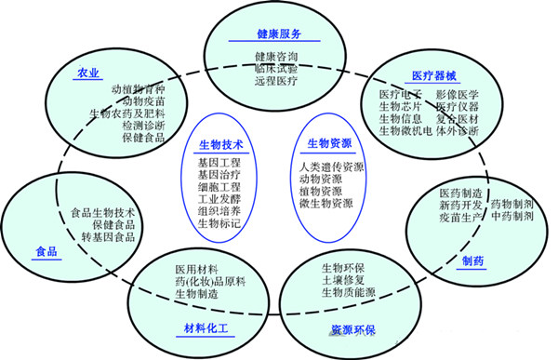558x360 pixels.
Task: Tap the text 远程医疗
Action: (276, 82)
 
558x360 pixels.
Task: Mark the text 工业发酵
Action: (219, 198)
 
